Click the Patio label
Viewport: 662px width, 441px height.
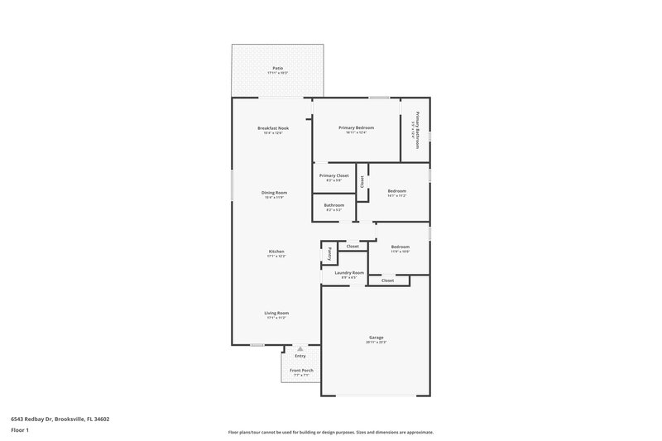[276, 68]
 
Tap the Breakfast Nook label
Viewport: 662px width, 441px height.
[272, 128]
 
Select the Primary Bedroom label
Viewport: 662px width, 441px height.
[356, 127]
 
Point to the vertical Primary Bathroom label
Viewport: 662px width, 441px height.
[417, 130]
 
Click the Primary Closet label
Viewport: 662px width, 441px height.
[334, 175]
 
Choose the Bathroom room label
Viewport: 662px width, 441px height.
[333, 205]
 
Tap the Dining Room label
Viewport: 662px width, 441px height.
[275, 193]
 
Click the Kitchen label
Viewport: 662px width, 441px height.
[276, 252]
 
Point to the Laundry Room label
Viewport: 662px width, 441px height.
[349, 272]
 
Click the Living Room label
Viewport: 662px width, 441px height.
[276, 313]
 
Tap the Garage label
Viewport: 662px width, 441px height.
[377, 338]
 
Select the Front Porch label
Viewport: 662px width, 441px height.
[301, 370]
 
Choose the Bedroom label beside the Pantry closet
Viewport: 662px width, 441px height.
[401, 247]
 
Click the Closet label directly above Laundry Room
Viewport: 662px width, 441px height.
[353, 247]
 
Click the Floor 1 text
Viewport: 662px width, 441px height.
[21, 431]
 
